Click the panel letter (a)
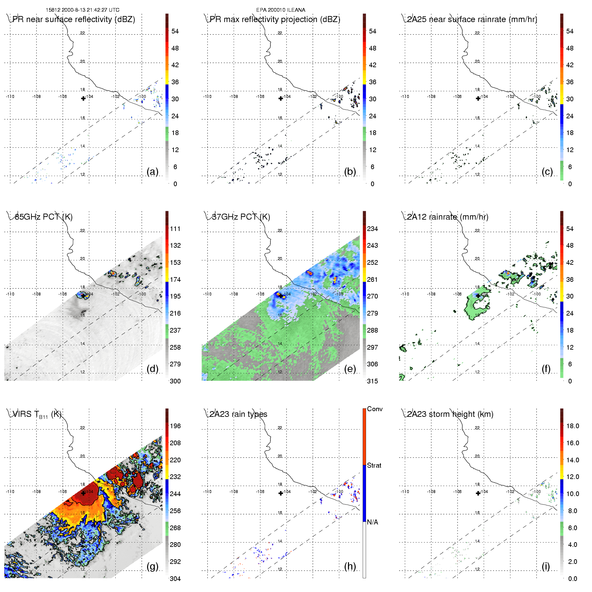(152, 172)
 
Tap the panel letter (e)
(350, 369)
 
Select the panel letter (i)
(546, 566)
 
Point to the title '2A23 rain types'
(238, 414)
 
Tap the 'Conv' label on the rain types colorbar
(375, 409)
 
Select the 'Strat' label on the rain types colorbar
(374, 465)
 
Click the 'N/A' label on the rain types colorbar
(372, 522)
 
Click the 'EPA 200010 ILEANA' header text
(281, 10)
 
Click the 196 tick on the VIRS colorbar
(175, 426)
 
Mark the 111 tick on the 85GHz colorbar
(175, 229)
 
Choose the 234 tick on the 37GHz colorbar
(372, 229)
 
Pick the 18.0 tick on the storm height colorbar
(573, 426)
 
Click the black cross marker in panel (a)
(83, 98)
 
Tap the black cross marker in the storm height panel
(478, 493)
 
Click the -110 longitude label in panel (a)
(10, 97)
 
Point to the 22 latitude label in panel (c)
(477, 33)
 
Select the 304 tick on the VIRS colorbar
(175, 579)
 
